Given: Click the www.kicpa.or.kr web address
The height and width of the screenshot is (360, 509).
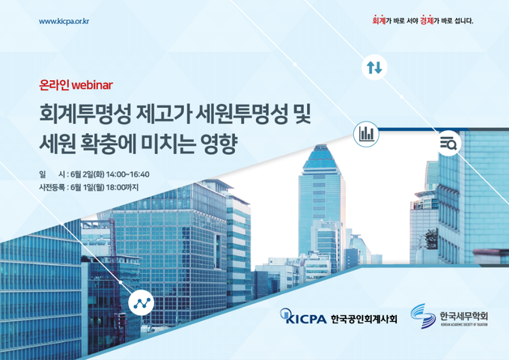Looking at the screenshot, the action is coord(64,22).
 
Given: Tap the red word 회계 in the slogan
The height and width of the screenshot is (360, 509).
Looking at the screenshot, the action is coord(379,20).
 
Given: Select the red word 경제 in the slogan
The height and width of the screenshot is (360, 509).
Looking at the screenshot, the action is coord(427,20).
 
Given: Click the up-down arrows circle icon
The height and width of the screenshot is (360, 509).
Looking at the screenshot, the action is coord(374,67).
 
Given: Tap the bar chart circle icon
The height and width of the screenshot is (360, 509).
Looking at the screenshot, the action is coord(366,134).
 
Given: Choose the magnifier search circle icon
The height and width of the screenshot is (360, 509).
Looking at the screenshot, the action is coord(448,143).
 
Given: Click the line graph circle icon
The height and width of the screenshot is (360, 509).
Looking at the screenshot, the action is coord(141,303).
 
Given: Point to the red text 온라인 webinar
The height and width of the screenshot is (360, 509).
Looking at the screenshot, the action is coord(76,85).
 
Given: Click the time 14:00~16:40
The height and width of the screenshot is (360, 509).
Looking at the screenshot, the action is coord(127,174).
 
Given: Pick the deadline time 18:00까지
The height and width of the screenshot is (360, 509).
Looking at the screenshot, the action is coord(122,187).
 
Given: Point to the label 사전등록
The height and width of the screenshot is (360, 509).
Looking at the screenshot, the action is coord(52,187).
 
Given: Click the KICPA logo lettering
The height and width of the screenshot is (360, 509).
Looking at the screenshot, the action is coord(303,317).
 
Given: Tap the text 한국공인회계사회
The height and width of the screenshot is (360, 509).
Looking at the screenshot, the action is coord(364,319).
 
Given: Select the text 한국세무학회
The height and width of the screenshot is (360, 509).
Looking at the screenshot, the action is coord(464,316).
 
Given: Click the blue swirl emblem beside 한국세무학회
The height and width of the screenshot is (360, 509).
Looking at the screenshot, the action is coord(423,316).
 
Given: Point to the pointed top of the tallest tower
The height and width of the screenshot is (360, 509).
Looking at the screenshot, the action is coord(320,146).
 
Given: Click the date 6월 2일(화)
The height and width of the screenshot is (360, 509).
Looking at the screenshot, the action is coord(88,174).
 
